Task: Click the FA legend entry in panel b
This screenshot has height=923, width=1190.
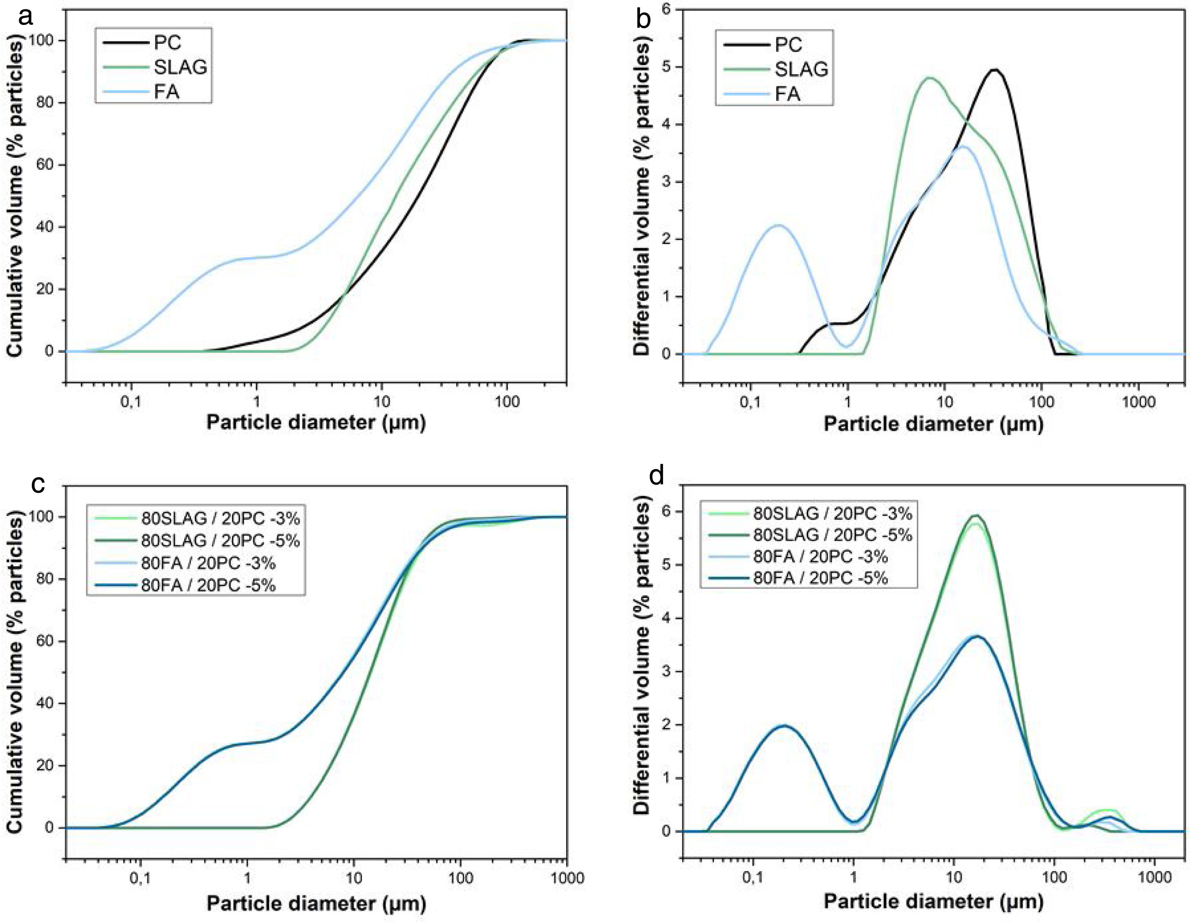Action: [x=787, y=94]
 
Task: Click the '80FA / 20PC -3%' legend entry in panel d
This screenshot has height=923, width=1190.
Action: [x=820, y=556]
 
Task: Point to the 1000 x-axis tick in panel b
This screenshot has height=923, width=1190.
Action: [x=1138, y=402]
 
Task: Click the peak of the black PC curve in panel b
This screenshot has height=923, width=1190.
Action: [x=995, y=70]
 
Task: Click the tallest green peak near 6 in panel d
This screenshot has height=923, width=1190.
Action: [x=975, y=516]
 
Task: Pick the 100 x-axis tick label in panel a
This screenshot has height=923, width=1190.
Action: [x=507, y=402]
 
